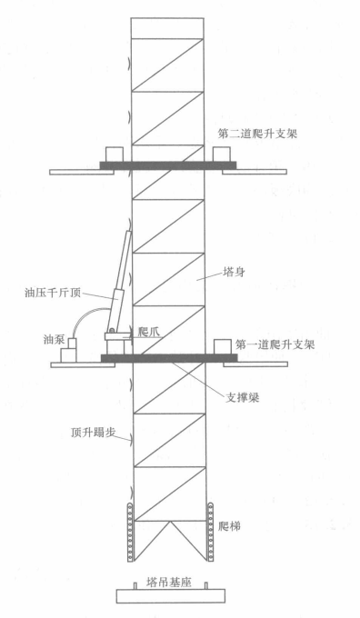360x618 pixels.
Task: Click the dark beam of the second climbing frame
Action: click(x=167, y=164)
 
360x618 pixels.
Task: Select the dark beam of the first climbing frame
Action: click(x=167, y=359)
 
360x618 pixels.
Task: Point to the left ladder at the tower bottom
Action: click(x=129, y=531)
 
